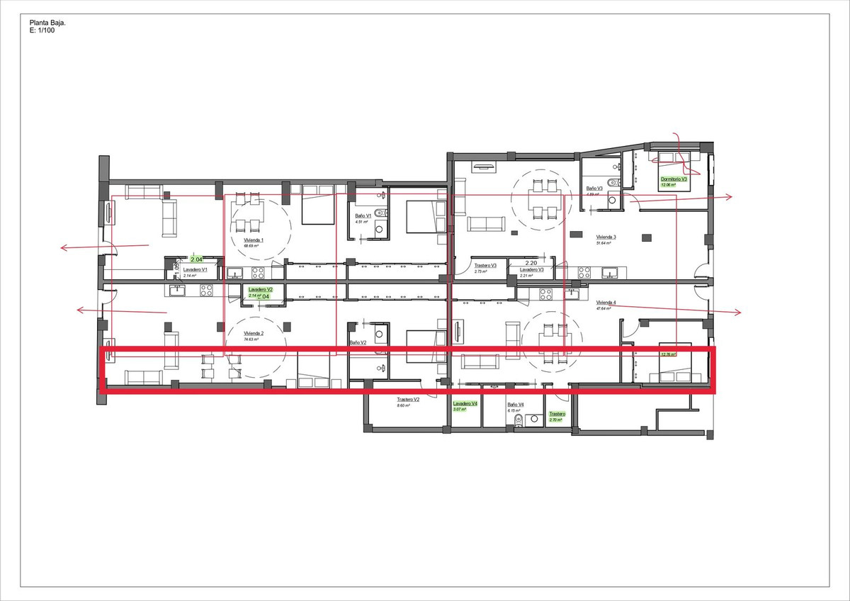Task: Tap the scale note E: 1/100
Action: pos(42,31)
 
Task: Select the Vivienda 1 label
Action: pos(254,240)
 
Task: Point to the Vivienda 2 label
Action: pos(254,333)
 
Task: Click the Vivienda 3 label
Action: pos(606,237)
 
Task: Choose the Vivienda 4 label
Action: pos(606,303)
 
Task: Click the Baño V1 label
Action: pos(363,216)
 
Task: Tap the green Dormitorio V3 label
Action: pos(674,179)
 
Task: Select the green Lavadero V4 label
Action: pos(465,403)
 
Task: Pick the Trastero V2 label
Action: pos(408,400)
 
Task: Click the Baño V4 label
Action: pos(515,405)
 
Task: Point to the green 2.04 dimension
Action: pos(197,260)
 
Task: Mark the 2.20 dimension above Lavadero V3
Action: pos(532,262)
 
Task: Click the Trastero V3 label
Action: pos(485,266)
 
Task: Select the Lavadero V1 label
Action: pos(195,270)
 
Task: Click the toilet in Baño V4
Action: pos(518,420)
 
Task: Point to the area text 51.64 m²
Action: pos(603,243)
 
